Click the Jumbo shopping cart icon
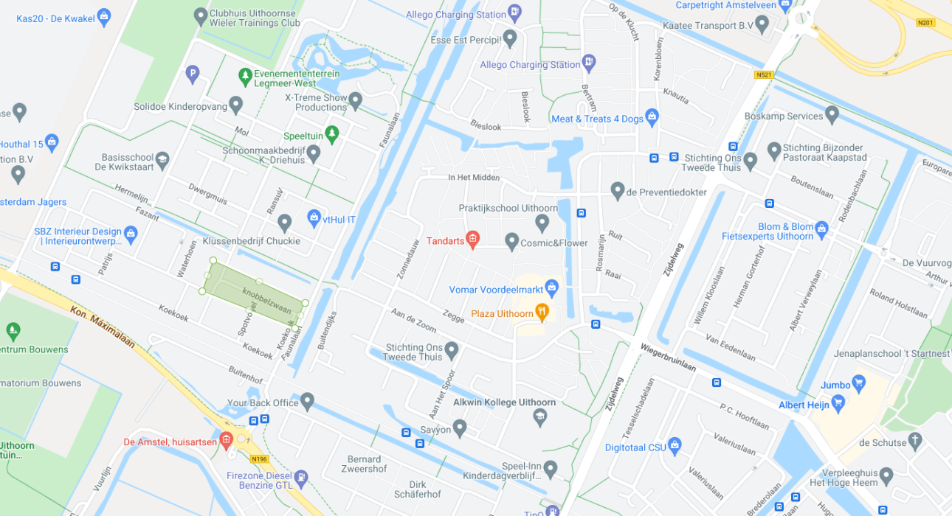point(858,383)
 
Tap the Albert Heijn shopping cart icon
point(838,402)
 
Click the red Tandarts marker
point(473,239)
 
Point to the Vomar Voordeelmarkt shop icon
point(551,287)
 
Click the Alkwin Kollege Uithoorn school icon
point(540,417)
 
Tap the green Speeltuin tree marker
point(332,133)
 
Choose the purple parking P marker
point(192,73)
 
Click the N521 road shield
point(763,74)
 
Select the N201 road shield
point(925,23)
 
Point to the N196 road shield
point(258,459)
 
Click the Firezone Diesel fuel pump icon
point(302,478)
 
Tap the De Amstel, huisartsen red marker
point(227,441)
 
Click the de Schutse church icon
point(915,442)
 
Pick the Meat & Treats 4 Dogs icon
point(652,117)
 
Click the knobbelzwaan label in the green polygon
point(266,300)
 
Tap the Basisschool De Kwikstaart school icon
point(162,159)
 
